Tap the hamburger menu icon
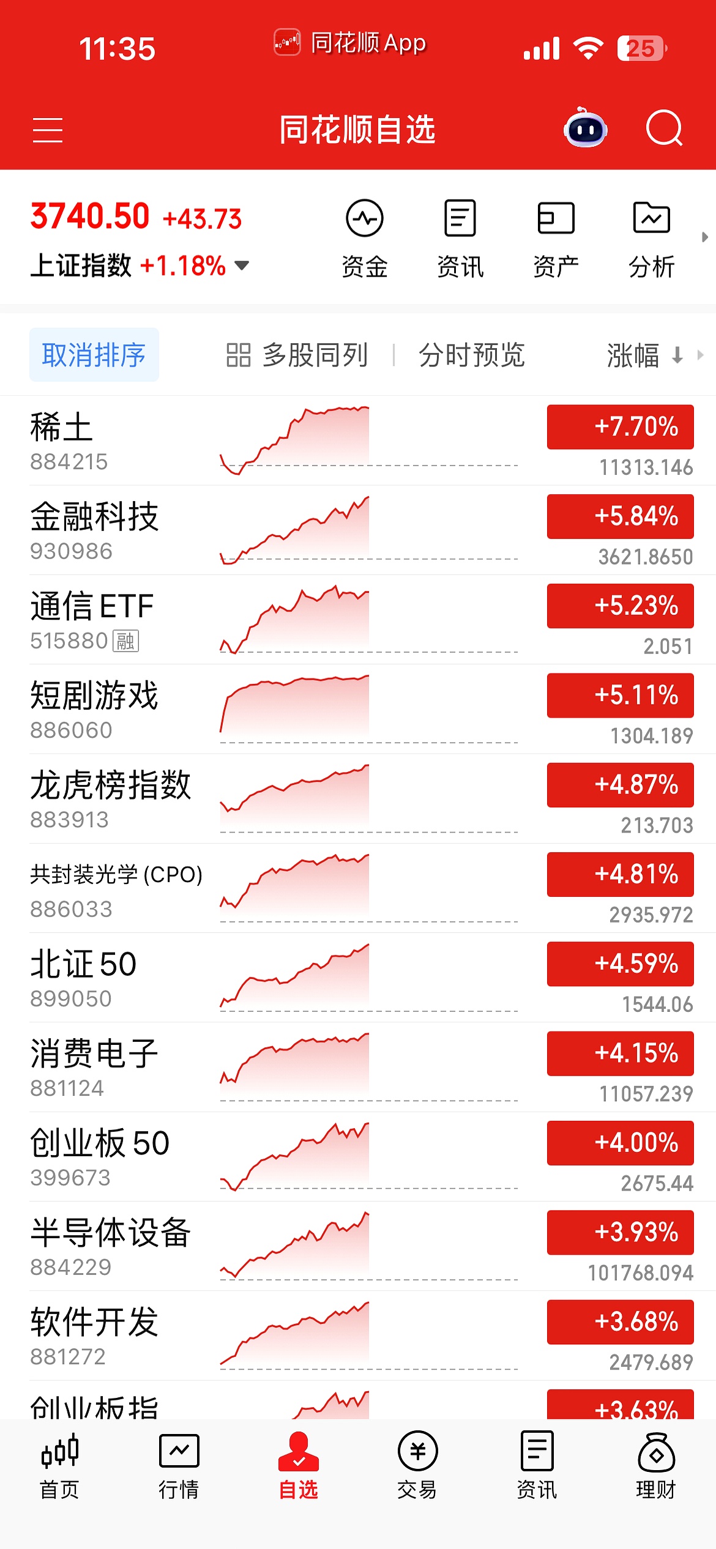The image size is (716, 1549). [x=48, y=130]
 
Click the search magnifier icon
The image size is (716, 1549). [x=664, y=128]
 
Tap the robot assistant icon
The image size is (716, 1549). [x=585, y=128]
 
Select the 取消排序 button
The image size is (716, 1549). [x=94, y=355]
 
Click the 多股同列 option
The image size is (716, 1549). [x=297, y=355]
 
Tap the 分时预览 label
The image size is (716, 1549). [x=471, y=355]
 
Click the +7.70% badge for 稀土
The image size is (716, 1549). [x=620, y=427]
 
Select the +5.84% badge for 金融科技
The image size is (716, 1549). [x=620, y=516]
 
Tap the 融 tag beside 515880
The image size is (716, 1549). [x=126, y=641]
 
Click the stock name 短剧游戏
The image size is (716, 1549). [x=95, y=696]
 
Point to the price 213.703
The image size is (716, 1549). [x=657, y=825]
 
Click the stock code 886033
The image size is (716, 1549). [x=72, y=909]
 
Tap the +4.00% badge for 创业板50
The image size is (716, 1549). [x=620, y=1143]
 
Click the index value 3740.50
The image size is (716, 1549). [x=90, y=217]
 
